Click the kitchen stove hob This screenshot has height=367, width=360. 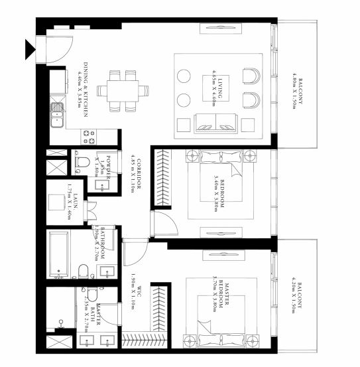(x=88, y=136)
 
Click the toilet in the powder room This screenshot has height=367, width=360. (x=82, y=161)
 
